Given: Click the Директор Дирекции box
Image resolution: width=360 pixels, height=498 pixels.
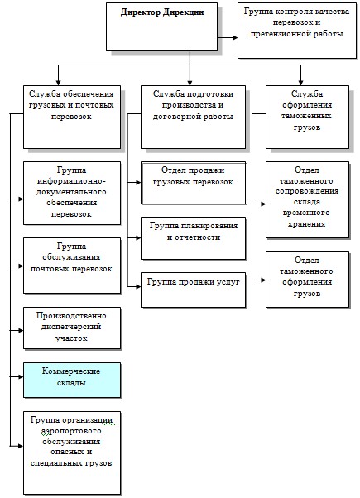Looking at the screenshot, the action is click(161, 27).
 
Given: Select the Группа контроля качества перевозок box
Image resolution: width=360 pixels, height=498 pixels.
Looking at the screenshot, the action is click(297, 31).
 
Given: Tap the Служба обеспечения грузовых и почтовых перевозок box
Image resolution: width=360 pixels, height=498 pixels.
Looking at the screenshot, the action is click(72, 117).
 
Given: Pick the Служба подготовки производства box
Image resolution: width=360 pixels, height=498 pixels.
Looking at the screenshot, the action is click(193, 117).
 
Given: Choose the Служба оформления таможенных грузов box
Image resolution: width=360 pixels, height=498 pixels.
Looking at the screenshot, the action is click(307, 117).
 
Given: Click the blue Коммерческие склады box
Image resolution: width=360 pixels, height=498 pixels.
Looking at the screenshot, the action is click(72, 381).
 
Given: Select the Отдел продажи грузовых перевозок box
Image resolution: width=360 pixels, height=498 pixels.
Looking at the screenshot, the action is click(193, 183).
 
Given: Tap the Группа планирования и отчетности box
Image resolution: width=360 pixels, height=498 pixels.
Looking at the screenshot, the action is click(193, 238).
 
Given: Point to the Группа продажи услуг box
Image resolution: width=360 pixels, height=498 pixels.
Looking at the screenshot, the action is click(193, 290).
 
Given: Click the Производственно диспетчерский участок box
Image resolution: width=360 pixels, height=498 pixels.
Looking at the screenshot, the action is click(72, 328).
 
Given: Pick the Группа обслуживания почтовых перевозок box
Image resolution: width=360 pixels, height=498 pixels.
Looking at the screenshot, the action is click(72, 266).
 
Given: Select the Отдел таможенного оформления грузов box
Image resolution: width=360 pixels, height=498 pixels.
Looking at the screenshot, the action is click(307, 280).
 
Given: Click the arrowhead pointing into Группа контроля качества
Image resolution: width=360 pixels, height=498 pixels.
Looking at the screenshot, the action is click(235, 37).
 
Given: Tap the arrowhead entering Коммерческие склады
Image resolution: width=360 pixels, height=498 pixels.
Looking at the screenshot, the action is click(21, 377).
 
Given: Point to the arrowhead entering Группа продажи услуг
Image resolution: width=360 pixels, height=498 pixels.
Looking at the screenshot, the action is click(138, 286).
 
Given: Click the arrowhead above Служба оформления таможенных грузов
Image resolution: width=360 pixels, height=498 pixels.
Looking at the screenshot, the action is click(300, 83).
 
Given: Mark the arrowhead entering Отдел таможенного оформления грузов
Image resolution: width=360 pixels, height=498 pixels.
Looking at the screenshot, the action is click(263, 280).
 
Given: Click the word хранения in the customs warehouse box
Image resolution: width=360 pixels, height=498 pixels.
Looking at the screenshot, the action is click(306, 223).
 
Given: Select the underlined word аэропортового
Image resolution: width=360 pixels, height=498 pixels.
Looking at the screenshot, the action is click(71, 431).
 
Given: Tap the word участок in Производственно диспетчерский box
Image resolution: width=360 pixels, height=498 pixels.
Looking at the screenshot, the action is click(71, 338).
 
